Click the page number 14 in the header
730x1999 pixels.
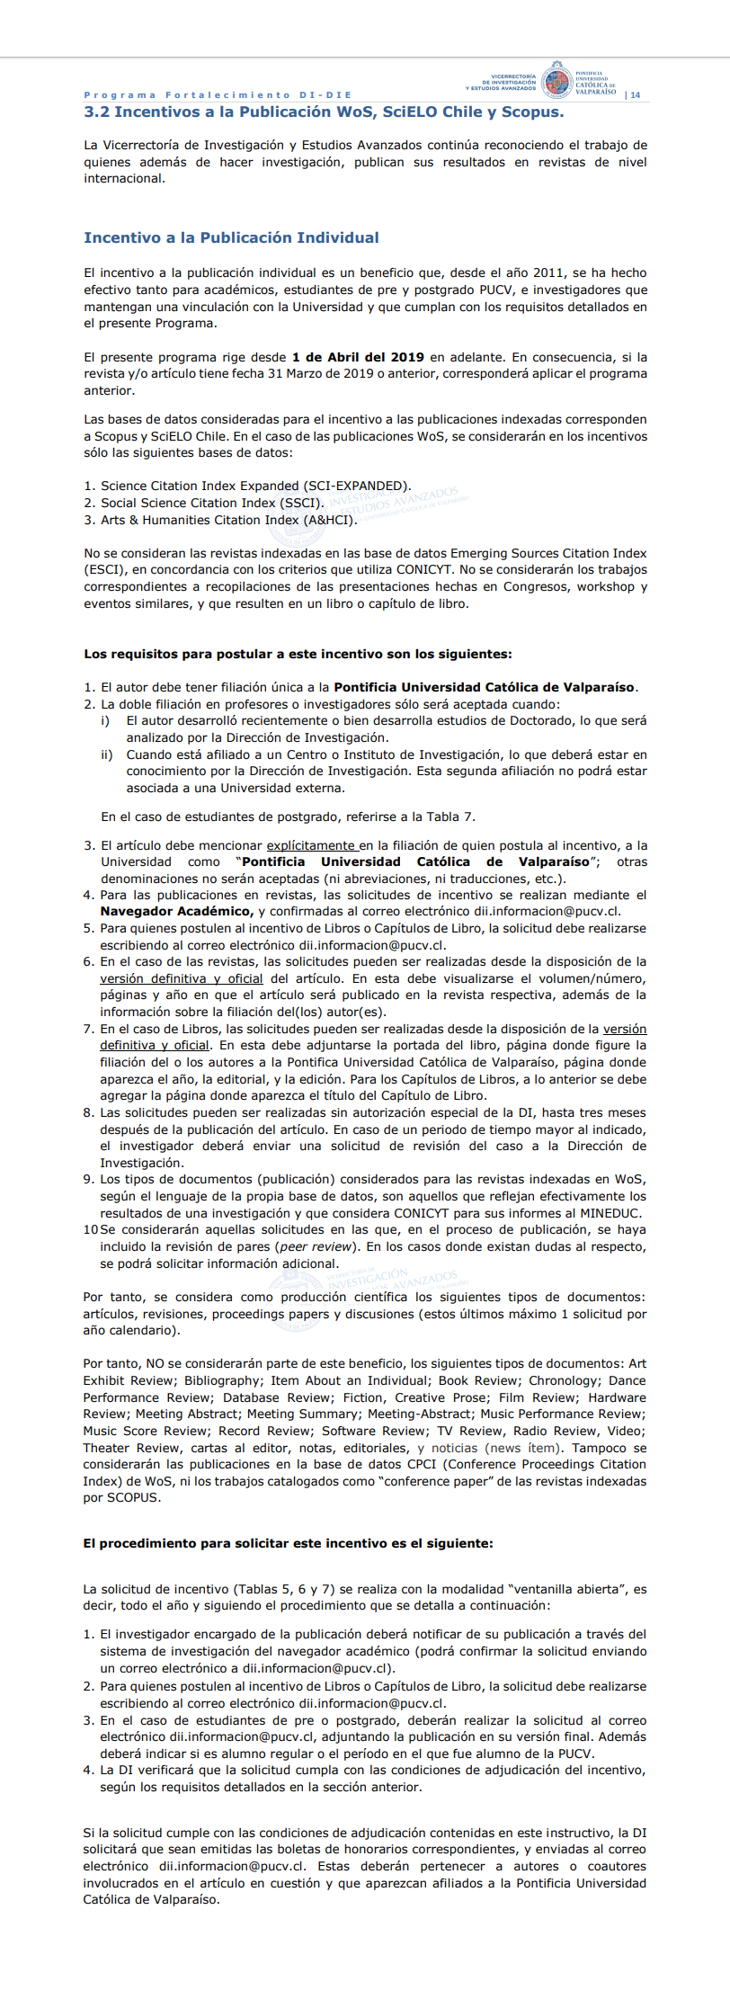[636, 95]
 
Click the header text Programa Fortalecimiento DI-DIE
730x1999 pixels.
[218, 95]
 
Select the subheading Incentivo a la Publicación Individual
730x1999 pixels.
[231, 238]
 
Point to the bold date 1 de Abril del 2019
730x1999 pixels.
[358, 357]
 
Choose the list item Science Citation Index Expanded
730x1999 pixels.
[255, 486]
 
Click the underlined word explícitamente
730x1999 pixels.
[311, 845]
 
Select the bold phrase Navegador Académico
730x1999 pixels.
[176, 912]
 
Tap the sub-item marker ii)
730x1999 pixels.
[106, 754]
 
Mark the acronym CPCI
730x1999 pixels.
[421, 1465]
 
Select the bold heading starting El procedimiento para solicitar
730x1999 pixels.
[288, 1543]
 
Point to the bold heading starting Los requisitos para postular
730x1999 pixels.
[298, 654]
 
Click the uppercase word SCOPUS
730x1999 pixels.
[133, 1498]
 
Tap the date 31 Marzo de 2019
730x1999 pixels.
[316, 374]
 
